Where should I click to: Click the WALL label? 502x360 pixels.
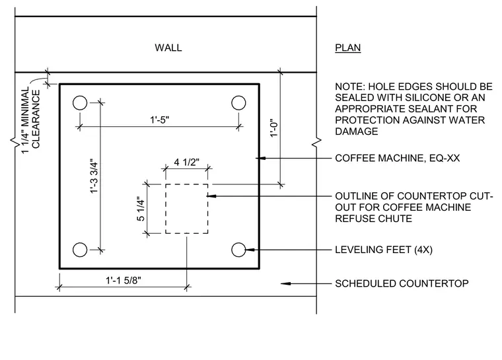tap(168, 48)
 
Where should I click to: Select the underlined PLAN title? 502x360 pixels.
tap(347, 48)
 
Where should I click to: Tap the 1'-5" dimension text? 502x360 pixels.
tap(159, 120)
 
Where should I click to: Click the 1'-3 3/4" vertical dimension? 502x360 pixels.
tap(94, 176)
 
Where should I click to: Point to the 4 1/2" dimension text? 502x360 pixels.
tap(187, 162)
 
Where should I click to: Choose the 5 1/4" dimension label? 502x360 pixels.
tap(141, 209)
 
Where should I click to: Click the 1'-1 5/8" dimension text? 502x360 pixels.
tap(124, 280)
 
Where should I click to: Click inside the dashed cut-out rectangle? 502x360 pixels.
tap(187, 209)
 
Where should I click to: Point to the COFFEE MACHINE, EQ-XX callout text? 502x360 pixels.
tap(398, 159)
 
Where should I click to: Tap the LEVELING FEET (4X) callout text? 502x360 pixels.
tap(384, 250)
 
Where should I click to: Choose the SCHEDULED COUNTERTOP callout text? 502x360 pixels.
tap(402, 283)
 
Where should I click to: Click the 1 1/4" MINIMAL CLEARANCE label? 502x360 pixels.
tap(31, 119)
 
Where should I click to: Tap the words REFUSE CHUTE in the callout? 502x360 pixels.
tap(373, 219)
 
